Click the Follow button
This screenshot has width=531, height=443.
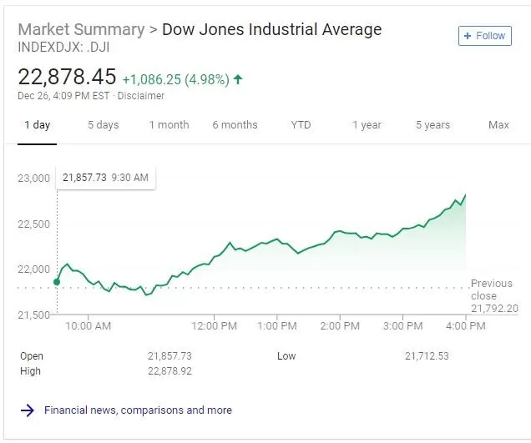(484, 36)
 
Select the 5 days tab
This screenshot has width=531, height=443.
(104, 125)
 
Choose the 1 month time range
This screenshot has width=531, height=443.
(169, 125)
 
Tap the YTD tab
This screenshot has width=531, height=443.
(301, 125)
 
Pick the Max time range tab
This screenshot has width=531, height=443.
(498, 125)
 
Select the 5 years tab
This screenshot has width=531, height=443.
(432, 125)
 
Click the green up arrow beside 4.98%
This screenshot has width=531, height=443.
(238, 79)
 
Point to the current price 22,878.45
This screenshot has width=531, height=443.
(67, 77)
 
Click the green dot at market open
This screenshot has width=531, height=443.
(57, 282)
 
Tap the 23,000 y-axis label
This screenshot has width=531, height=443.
(33, 178)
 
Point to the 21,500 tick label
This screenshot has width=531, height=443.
(33, 315)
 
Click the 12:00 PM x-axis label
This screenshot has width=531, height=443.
(214, 326)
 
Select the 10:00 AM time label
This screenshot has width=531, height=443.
(88, 326)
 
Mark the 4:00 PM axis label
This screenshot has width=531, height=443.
(466, 326)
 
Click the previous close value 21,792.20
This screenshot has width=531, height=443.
(494, 309)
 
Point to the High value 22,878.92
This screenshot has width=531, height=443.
(169, 371)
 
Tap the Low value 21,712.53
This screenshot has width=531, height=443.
(427, 356)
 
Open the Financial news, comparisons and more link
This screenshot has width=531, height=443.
(138, 410)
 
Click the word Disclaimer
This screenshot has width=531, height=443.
(141, 96)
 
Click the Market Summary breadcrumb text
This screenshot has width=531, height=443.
(81, 29)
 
